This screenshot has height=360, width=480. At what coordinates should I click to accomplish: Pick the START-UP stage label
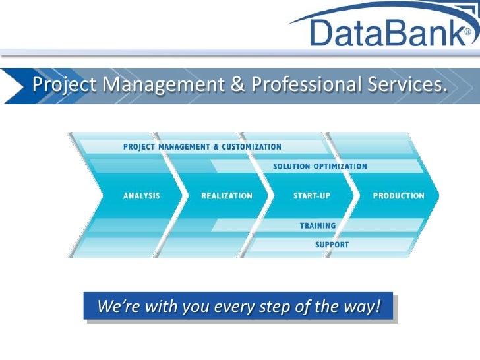tap(311, 196)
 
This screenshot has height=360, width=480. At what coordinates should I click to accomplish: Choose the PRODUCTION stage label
tap(398, 196)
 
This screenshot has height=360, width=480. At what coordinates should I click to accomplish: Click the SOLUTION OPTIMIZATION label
tap(320, 166)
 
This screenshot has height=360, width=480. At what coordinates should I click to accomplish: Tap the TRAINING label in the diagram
tap(318, 225)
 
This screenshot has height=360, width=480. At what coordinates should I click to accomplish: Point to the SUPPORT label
tap(332, 245)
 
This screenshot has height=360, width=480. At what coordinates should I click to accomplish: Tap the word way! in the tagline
tap(365, 307)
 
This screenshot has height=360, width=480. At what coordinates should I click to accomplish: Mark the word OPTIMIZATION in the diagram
tap(340, 166)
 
